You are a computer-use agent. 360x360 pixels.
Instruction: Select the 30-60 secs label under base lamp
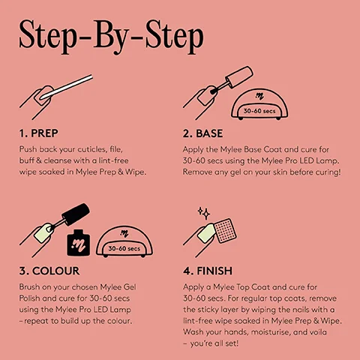263,112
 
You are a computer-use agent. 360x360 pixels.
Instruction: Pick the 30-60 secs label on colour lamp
124,248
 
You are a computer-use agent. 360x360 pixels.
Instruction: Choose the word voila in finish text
322,331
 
